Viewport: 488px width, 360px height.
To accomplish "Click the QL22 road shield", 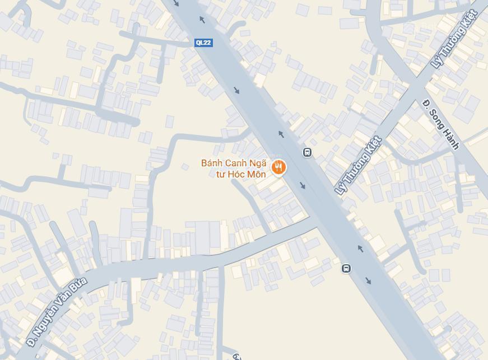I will (x=203, y=43).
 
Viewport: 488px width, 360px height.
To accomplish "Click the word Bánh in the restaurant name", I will (x=212, y=163).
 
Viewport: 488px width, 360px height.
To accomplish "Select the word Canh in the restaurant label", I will (x=236, y=163).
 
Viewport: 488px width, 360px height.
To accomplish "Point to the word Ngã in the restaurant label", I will (x=258, y=163).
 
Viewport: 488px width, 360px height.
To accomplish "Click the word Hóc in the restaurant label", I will (x=238, y=174).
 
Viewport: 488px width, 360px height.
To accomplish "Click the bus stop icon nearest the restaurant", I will (x=307, y=152).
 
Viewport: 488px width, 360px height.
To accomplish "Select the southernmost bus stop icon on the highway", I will (x=346, y=268).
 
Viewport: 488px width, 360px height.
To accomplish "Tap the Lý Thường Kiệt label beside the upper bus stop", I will (x=358, y=165).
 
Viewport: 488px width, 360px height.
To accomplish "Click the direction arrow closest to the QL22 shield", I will (x=202, y=20).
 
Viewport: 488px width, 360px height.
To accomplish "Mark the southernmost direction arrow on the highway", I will (x=368, y=280).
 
